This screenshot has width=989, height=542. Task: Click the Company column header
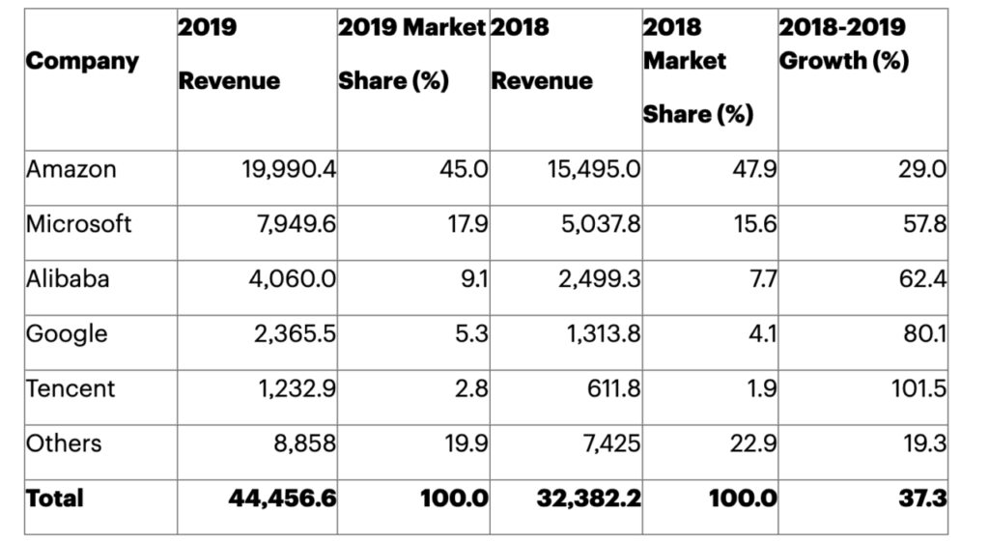coord(82,61)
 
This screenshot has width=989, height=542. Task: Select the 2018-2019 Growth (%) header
coord(843,43)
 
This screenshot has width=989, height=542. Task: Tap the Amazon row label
coord(71,169)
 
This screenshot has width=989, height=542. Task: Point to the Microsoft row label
coord(79,224)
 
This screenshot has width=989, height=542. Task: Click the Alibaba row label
coord(68,279)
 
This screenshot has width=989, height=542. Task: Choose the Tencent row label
coord(71,388)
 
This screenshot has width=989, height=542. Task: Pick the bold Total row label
coord(55,499)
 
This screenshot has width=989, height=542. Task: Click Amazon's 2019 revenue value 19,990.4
coord(287,170)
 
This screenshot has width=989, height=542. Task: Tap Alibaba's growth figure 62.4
coord(923,280)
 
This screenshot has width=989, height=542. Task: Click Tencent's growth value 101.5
coord(918,389)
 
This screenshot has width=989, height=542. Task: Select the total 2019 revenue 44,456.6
coord(284,499)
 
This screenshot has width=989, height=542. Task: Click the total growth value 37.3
coord(922,499)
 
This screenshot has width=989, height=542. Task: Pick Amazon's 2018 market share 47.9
coord(754,170)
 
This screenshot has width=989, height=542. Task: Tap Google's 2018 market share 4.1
coord(761,334)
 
